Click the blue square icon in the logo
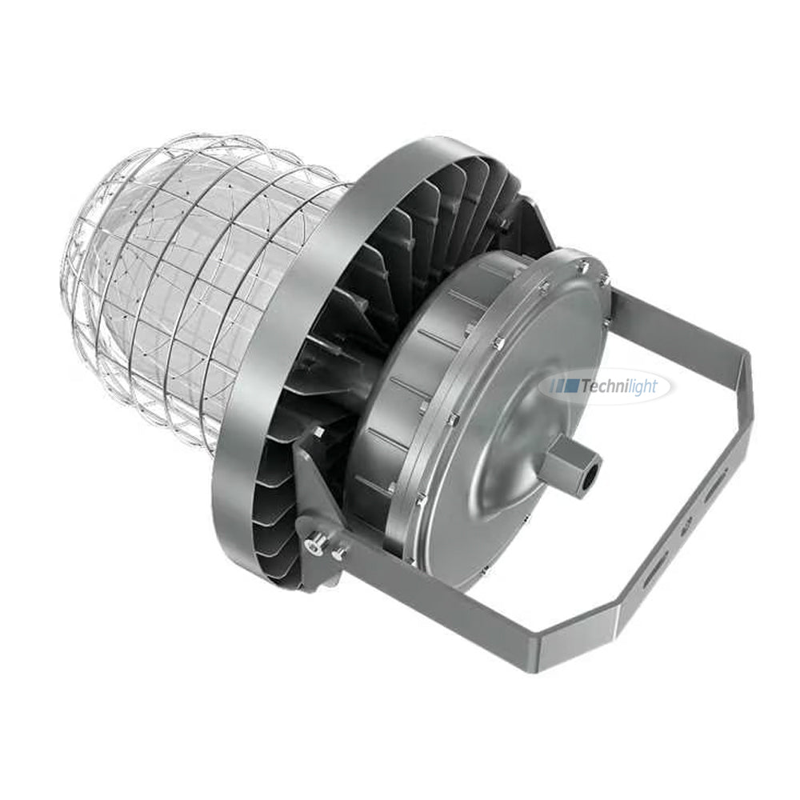point(570,387)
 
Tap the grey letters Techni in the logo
point(605,387)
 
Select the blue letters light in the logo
point(643,387)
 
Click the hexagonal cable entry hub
point(570,462)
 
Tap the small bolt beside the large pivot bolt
point(339,551)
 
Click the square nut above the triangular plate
point(318,432)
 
